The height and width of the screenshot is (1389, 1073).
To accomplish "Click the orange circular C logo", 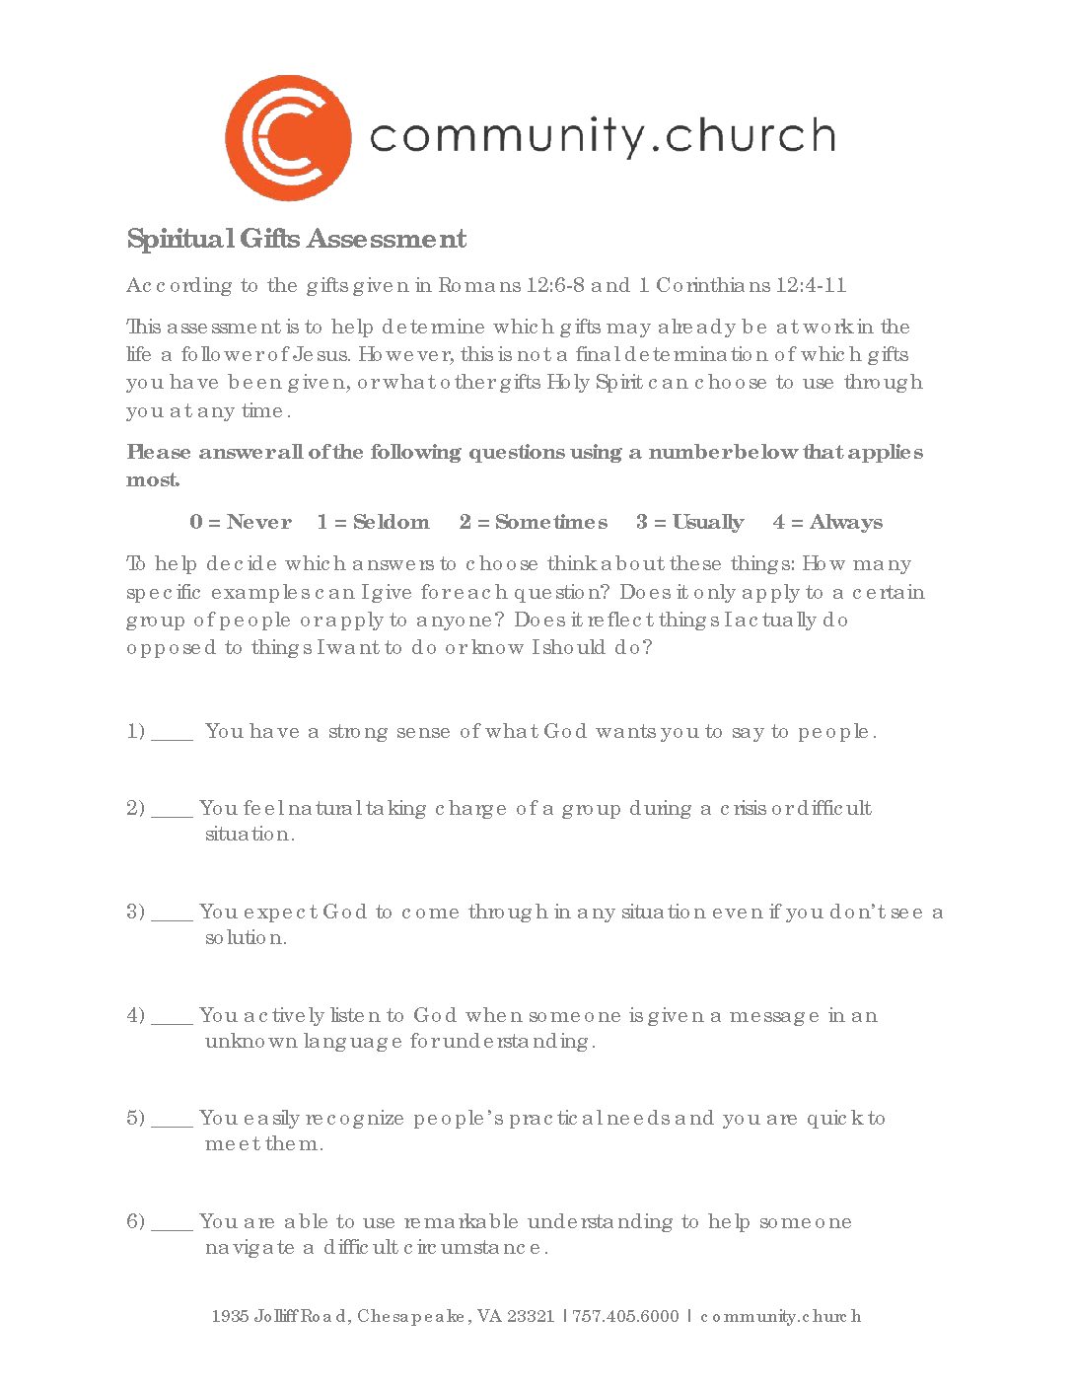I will [288, 138].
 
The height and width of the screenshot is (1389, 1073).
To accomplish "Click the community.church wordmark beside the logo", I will [603, 136].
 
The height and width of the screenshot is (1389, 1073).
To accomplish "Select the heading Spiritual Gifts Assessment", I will [297, 239].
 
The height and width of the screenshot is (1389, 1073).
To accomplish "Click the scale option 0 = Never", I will [241, 522].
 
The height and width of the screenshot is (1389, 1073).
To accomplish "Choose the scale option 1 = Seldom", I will [373, 522].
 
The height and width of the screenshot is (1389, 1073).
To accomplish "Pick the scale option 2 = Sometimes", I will [534, 522].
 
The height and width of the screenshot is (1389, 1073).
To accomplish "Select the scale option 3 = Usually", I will [690, 522].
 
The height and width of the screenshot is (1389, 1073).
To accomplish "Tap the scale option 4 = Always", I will [828, 522].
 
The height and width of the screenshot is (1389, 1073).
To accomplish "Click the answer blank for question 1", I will [173, 734].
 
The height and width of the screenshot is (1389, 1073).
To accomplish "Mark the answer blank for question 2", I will [173, 811].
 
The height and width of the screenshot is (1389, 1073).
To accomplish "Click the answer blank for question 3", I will [173, 914].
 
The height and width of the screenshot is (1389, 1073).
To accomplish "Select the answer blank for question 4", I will [173, 1018].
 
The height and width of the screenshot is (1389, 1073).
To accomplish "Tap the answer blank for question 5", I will [173, 1121].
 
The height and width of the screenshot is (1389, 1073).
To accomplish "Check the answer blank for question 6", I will [173, 1224].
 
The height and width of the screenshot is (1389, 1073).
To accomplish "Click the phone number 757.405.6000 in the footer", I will [626, 1316].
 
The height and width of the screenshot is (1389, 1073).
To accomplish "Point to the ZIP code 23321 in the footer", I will [531, 1316].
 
